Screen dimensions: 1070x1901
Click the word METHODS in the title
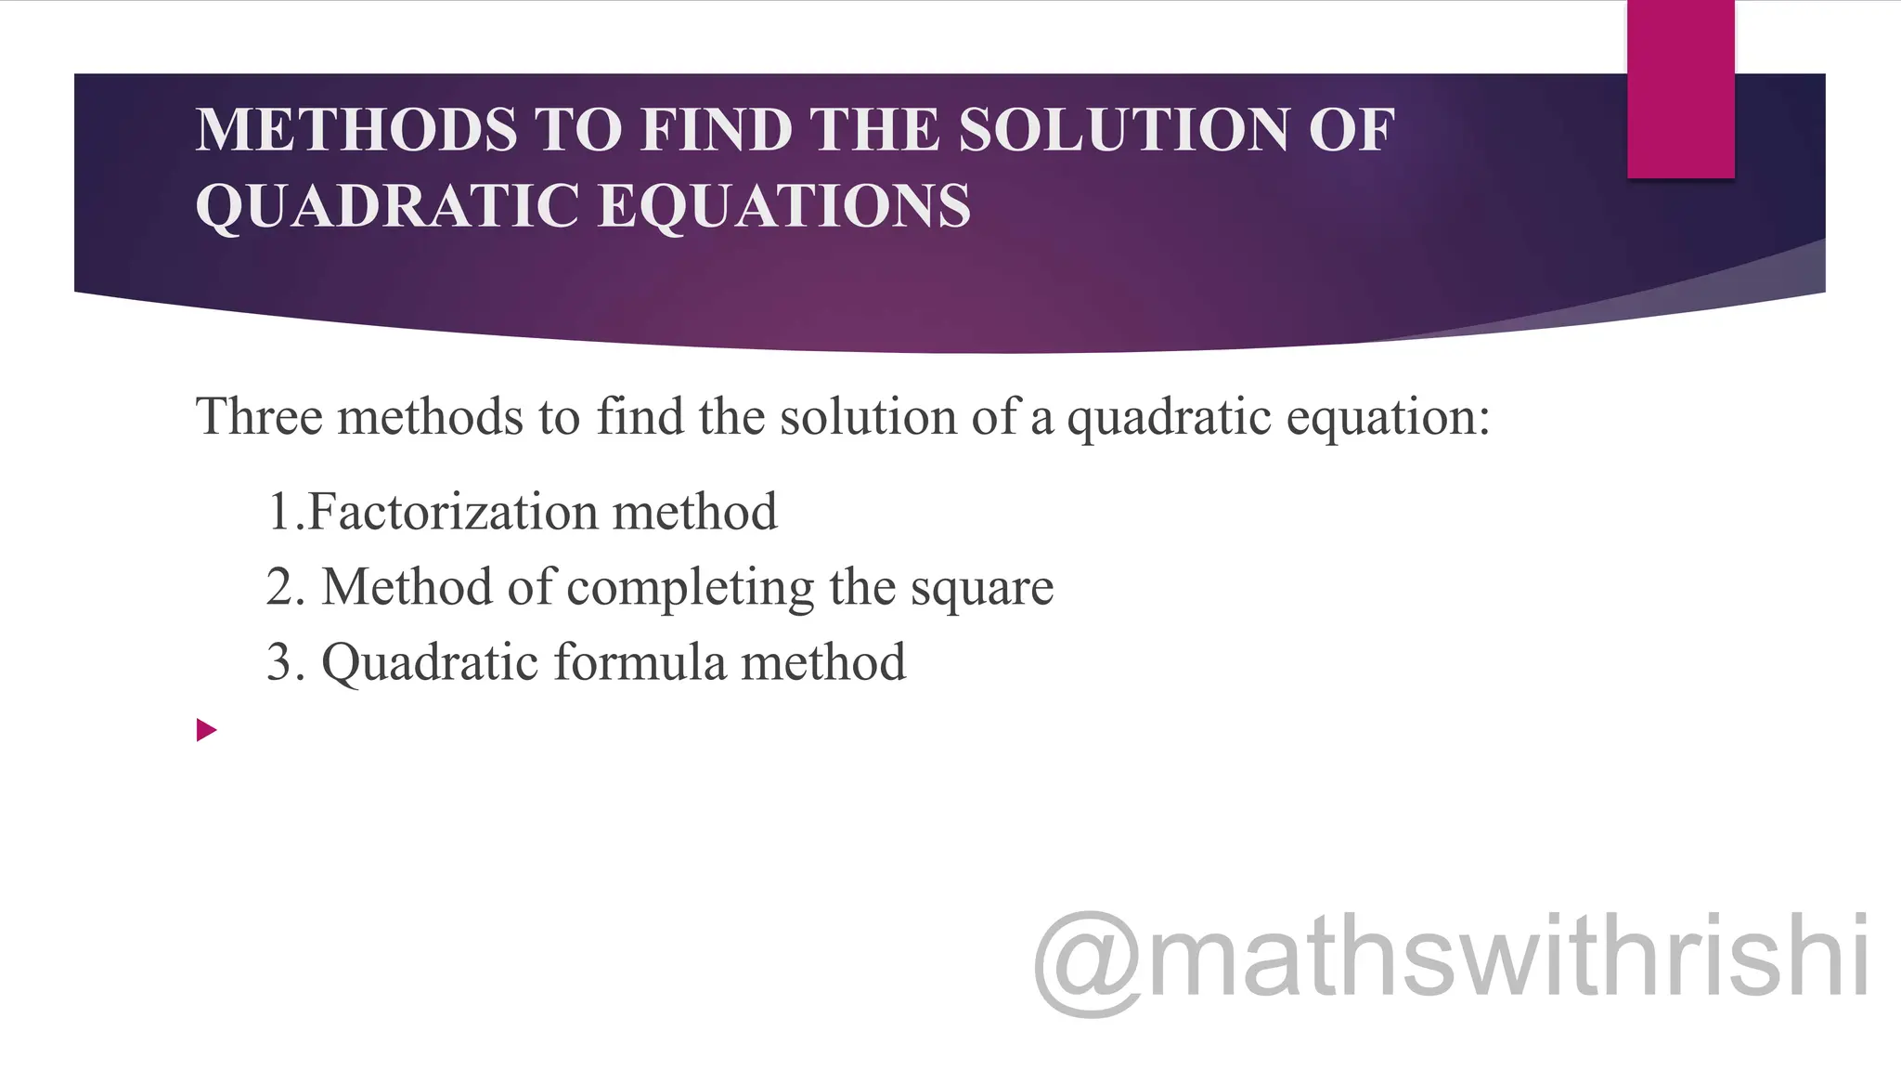pos(356,129)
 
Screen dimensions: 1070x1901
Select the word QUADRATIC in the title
pos(388,205)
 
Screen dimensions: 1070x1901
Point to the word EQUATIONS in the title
pos(784,205)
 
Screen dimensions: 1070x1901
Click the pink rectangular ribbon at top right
pos(1680,89)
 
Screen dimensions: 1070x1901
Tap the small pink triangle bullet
pos(206,730)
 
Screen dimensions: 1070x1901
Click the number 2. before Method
pos(285,587)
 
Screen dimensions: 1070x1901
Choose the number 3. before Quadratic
pos(285,662)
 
